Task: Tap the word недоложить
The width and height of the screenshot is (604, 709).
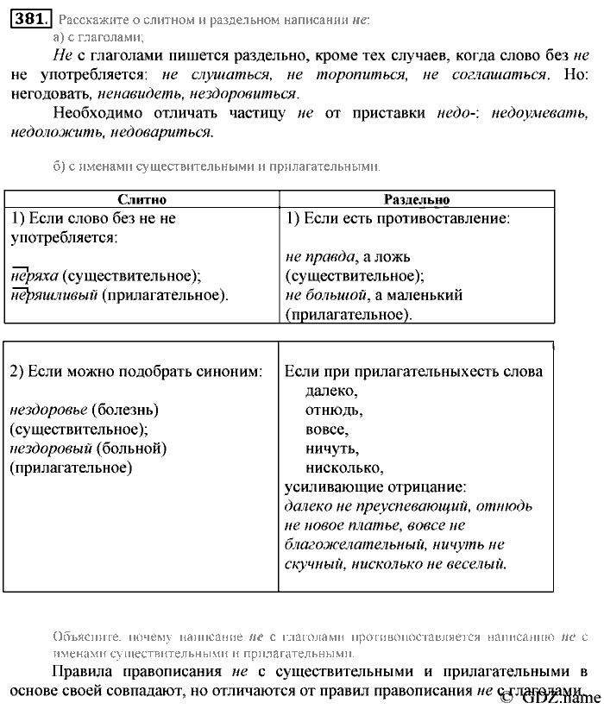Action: point(51,133)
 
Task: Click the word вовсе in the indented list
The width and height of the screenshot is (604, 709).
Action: point(326,429)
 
